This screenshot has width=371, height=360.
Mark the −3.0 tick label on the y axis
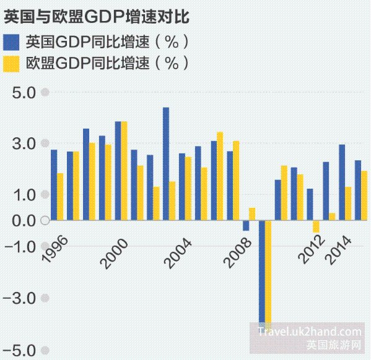22,298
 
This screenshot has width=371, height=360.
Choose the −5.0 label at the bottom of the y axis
22,350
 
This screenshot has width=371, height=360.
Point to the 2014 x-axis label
341,250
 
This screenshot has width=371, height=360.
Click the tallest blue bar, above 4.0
166,163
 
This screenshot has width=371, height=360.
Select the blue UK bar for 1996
54,184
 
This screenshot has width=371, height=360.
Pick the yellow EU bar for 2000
124,170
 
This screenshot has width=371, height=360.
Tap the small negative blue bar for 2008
246,225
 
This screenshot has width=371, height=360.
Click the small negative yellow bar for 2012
316,226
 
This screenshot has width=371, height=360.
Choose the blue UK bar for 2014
341,182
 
